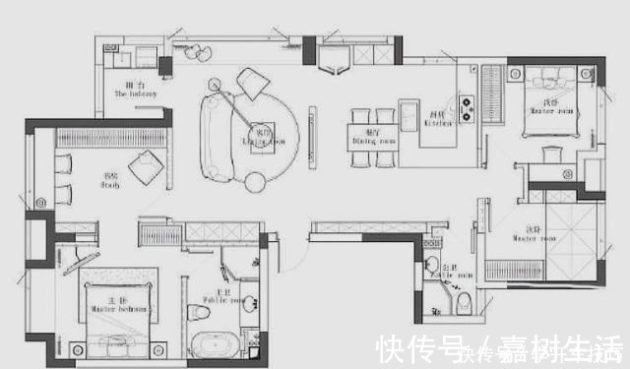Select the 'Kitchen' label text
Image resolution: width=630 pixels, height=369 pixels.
click(x=436, y=120)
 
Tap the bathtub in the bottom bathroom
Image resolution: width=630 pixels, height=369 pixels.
click(x=212, y=345)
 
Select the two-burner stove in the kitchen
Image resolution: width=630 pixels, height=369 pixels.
click(x=466, y=101)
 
